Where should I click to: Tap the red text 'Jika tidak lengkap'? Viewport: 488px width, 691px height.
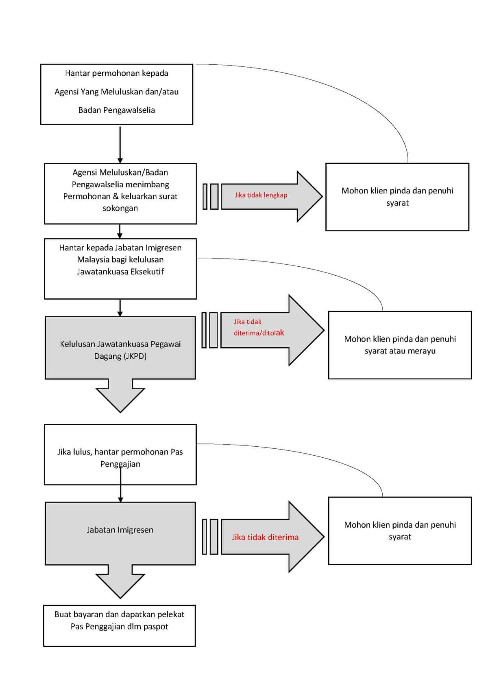[261, 195]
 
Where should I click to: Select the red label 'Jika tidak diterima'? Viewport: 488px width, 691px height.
[265, 537]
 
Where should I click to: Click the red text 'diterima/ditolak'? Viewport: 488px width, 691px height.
[259, 333]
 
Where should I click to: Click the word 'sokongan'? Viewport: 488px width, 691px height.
[120, 208]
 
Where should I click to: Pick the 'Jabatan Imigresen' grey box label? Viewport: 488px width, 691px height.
[120, 530]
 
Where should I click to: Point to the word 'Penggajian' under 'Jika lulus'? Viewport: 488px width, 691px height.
[120, 464]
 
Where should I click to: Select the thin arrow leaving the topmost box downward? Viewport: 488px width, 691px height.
[120, 145]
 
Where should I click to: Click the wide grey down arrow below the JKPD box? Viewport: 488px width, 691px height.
[120, 395]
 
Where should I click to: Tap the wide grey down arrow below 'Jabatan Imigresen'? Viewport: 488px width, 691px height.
[120, 581]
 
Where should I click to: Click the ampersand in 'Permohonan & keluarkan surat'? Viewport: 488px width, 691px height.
[116, 197]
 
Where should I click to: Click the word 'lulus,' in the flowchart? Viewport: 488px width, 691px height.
[83, 452]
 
